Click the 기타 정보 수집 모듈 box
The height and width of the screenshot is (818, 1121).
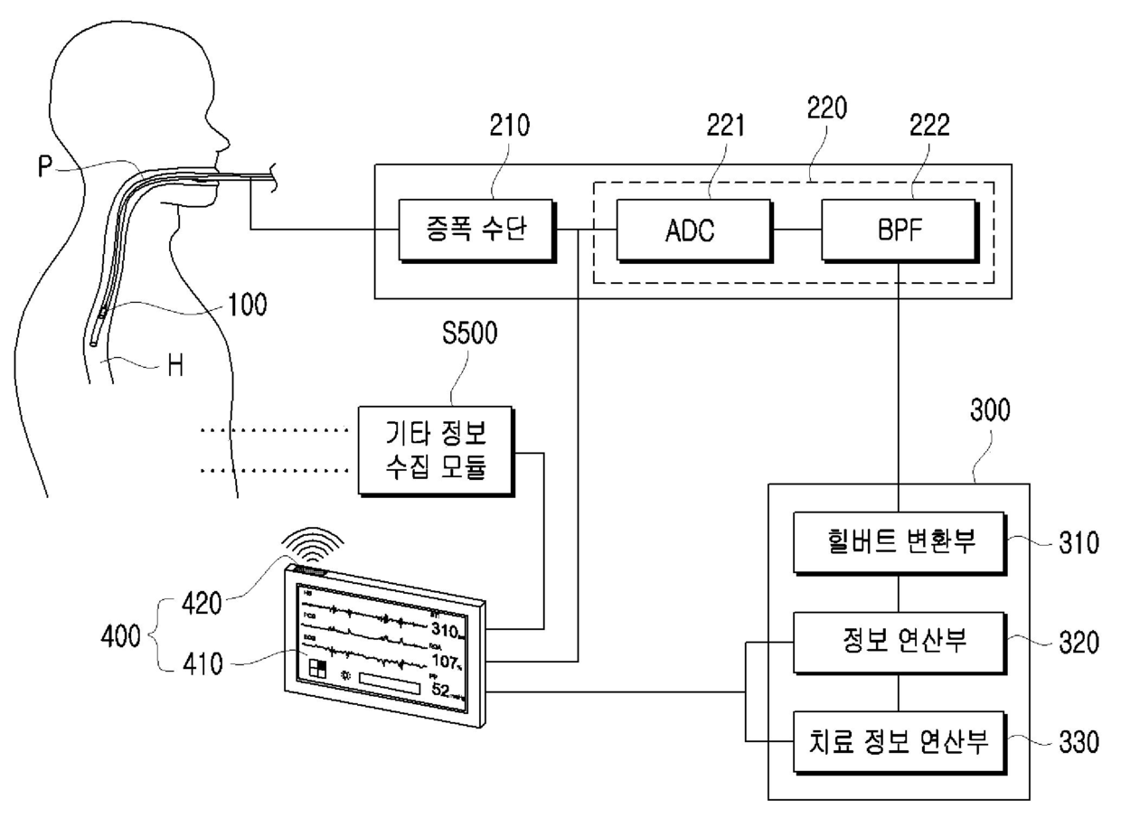pyautogui.click(x=435, y=451)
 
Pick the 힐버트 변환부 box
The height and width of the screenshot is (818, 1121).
pyautogui.click(x=897, y=543)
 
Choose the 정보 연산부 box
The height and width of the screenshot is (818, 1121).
pyautogui.click(x=897, y=642)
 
